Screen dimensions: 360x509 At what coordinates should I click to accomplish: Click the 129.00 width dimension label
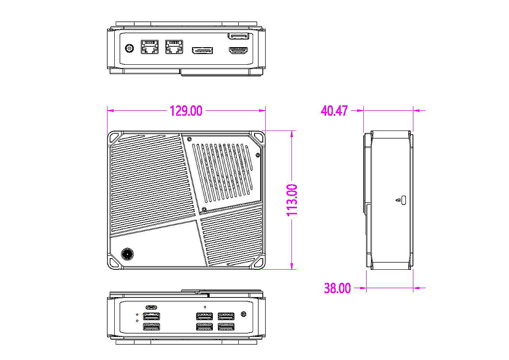[186, 111]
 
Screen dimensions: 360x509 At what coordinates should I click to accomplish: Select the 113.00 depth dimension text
[292, 200]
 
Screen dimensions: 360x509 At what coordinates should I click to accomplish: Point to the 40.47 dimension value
[334, 111]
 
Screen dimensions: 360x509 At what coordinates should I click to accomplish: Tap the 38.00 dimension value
[337, 288]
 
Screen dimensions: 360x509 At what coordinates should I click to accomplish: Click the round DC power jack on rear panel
[129, 48]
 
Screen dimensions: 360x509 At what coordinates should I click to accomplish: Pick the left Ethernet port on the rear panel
[149, 46]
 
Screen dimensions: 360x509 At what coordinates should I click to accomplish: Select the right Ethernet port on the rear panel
[174, 46]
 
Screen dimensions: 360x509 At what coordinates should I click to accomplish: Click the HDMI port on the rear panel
[238, 51]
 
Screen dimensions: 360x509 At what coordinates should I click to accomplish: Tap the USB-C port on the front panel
[151, 307]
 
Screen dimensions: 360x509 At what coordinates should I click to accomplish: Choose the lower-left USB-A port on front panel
[151, 327]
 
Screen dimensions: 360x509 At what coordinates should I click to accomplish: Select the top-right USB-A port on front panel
[226, 316]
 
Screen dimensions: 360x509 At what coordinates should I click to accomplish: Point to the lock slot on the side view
[403, 200]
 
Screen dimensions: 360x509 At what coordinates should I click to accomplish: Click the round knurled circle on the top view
[127, 254]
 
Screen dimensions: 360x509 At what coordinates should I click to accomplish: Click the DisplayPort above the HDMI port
[238, 36]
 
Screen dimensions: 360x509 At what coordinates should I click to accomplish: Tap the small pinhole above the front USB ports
[205, 306]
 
